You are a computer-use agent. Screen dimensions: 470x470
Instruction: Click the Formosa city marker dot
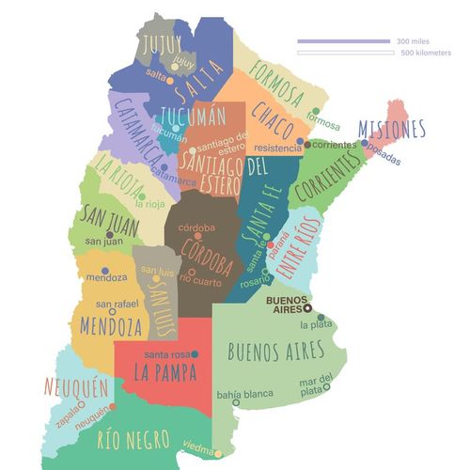[316, 111]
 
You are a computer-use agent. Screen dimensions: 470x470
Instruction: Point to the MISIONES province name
[392, 129]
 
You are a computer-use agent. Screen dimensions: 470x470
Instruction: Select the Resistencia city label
[278, 149]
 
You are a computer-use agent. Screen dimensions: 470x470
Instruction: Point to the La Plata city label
[316, 325]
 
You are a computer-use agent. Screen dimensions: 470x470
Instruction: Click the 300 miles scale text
[415, 41]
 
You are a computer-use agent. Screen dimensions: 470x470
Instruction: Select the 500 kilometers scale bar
[345, 53]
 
